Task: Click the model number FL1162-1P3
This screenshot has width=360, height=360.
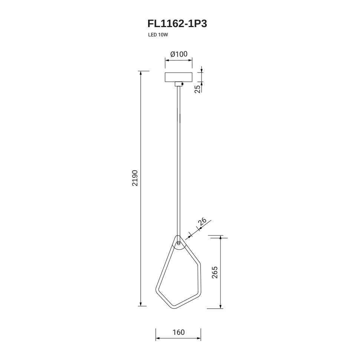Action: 177,24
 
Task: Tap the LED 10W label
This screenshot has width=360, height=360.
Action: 158,35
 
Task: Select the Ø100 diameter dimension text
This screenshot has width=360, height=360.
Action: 179,54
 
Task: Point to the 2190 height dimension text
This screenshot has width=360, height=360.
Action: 135,178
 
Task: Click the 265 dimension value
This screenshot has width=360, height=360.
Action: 215,272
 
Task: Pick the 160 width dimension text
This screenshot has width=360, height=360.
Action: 179,332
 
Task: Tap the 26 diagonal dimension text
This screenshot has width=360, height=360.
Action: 202,222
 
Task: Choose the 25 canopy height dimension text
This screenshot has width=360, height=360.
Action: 197,89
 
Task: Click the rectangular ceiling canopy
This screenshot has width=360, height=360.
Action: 179,77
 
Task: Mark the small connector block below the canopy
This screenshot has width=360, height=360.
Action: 179,84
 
